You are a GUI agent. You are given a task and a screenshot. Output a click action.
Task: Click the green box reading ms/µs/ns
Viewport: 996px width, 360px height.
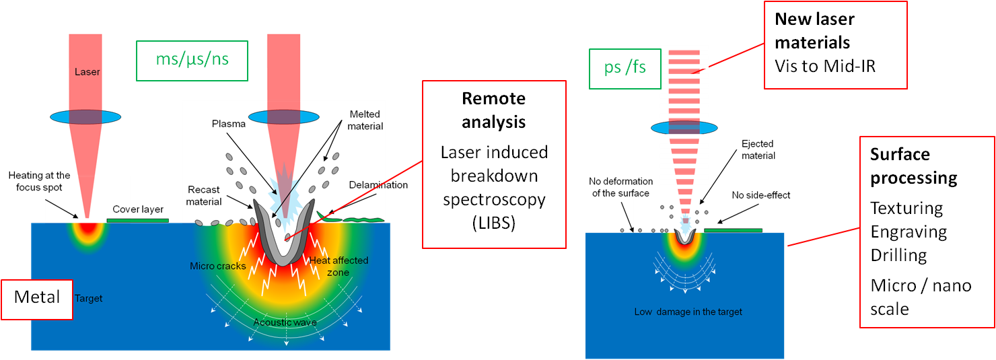click(192, 59)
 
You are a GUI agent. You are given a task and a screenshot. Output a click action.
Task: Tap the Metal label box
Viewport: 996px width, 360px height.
click(37, 297)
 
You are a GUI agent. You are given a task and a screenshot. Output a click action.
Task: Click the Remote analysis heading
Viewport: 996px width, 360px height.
click(493, 110)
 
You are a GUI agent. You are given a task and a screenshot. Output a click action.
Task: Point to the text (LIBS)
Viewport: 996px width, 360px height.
click(493, 223)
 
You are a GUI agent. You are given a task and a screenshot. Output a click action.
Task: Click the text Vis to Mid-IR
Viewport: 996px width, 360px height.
click(825, 66)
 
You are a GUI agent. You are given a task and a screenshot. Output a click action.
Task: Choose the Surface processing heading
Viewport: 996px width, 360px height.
click(913, 166)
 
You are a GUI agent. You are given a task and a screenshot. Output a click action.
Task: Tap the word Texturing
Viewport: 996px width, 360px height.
click(906, 208)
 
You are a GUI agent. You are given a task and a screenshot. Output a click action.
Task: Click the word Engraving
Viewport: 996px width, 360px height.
click(909, 232)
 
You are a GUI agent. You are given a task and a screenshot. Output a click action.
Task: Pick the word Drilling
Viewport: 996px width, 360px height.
click(898, 256)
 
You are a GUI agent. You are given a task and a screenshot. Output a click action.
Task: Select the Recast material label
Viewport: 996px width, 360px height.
click(204, 196)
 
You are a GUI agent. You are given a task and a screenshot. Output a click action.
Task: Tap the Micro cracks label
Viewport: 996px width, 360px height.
click(217, 266)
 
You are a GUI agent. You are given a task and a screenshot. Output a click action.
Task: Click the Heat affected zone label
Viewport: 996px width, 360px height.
click(339, 266)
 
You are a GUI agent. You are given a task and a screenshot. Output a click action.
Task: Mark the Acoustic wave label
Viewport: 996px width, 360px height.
click(285, 322)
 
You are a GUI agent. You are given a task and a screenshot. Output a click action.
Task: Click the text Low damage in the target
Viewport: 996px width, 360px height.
click(688, 312)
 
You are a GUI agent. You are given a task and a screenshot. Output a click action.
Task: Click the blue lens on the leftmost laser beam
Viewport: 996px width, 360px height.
click(85, 117)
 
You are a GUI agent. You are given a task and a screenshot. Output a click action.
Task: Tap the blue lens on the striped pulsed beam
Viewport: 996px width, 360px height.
click(684, 129)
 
